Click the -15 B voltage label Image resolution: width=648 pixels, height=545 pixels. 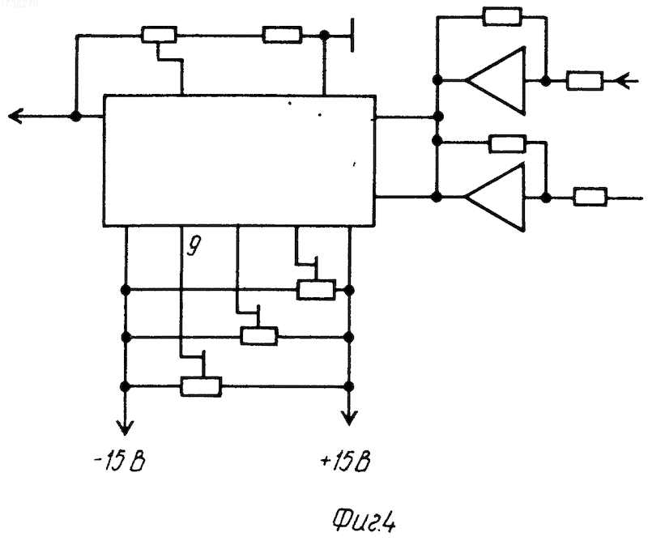[x=119, y=462]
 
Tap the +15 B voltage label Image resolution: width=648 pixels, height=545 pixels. [x=346, y=462]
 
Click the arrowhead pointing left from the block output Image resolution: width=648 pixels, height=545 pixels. [x=15, y=116]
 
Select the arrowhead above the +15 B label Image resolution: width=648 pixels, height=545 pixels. [x=349, y=417]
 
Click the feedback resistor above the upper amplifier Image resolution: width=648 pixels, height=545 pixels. [x=502, y=16]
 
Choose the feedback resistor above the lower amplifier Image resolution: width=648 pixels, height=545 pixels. [x=508, y=143]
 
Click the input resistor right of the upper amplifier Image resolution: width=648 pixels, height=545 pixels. [x=585, y=80]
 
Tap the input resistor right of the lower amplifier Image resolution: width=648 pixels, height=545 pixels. [x=590, y=197]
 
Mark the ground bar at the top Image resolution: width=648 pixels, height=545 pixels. [x=352, y=35]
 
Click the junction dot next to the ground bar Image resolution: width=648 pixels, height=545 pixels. [x=325, y=35]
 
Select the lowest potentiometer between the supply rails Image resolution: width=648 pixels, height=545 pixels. [x=201, y=386]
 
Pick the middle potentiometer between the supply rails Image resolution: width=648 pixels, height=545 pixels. [x=259, y=336]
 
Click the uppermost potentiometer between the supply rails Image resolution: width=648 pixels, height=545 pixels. [x=316, y=289]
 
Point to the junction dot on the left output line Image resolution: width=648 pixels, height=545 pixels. [x=75, y=116]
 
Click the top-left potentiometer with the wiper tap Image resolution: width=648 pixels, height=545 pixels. [x=159, y=35]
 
